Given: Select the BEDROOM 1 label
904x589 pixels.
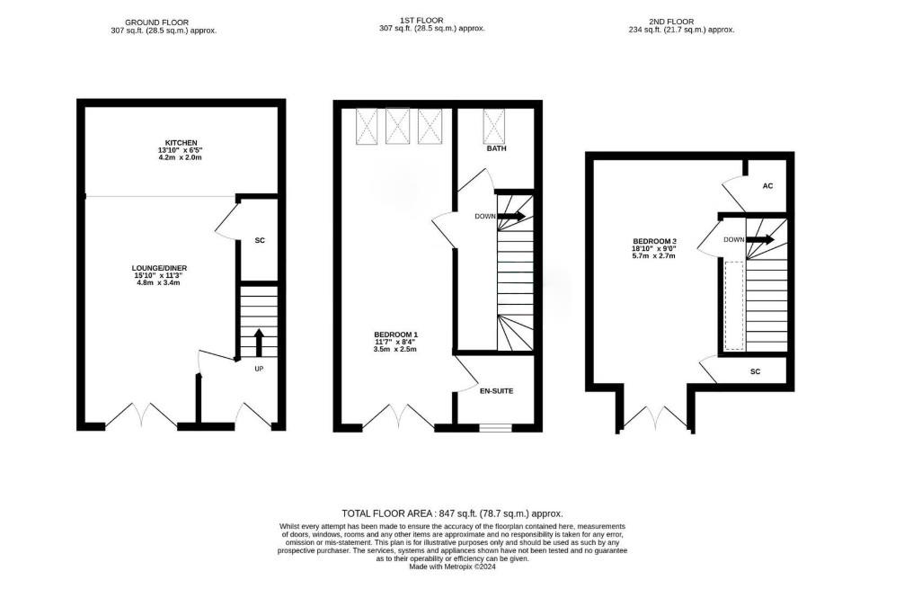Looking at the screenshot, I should click(396, 335).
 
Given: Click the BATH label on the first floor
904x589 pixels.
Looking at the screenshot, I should click(497, 148).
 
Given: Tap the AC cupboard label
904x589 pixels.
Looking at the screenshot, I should click(767, 186).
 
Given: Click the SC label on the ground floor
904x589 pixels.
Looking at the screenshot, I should click(260, 241).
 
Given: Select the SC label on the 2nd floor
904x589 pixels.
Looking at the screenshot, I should click(755, 370).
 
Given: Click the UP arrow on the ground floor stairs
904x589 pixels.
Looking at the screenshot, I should click(259, 343).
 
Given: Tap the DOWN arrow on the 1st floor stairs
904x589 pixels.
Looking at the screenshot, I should click(512, 217).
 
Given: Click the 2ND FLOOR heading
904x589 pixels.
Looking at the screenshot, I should click(681, 21).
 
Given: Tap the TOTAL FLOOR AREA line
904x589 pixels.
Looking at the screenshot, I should click(452, 513).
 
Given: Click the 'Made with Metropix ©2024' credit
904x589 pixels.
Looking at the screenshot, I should click(452, 567).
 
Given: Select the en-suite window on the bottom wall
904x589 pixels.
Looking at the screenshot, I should click(494, 427).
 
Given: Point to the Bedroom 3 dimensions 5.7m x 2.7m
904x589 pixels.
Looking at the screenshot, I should click(653, 256).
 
